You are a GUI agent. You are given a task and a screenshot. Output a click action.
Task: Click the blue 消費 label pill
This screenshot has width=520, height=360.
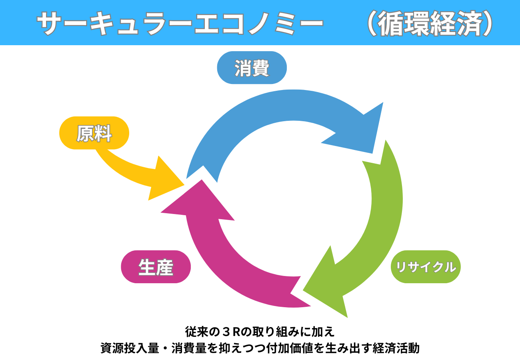[x=252, y=68]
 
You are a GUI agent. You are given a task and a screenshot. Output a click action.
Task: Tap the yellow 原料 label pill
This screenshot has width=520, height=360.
[x=94, y=133]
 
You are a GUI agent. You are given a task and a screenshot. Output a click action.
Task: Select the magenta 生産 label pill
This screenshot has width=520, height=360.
[x=156, y=267]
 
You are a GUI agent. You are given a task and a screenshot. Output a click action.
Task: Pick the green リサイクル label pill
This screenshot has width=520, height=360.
[x=426, y=267]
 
